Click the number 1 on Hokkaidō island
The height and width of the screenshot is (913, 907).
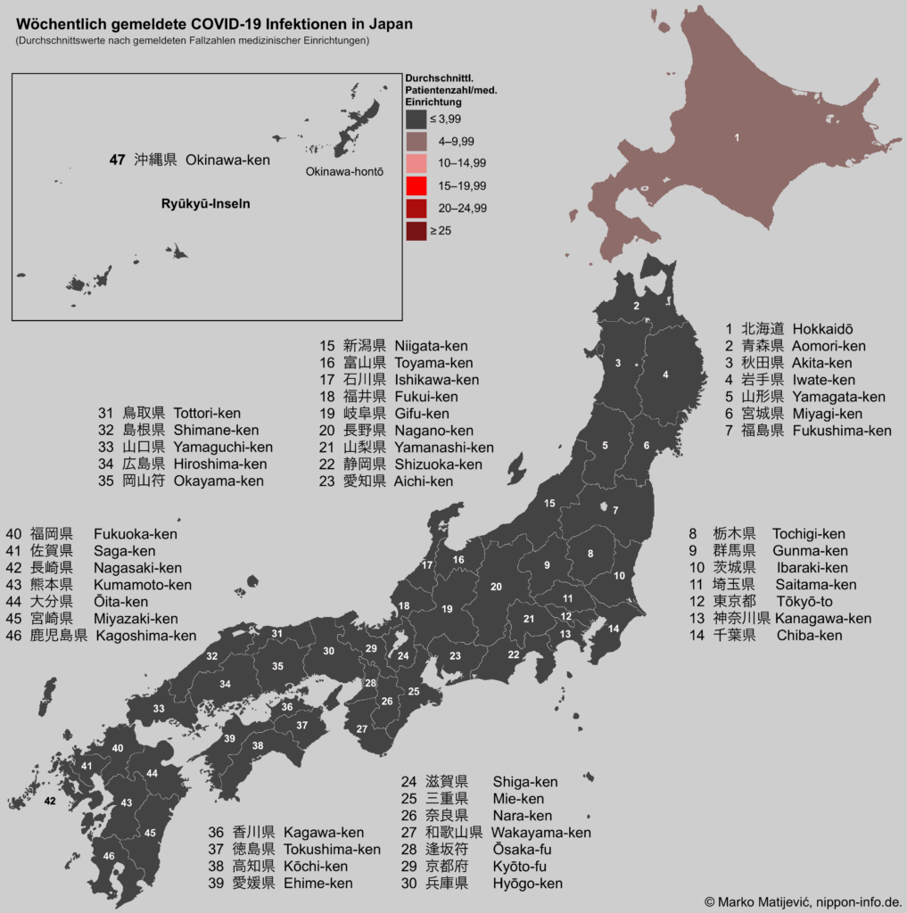pyautogui.click(x=737, y=138)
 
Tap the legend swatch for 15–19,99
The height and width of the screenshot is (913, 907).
pyautogui.click(x=416, y=185)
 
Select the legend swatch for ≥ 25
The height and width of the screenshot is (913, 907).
pyautogui.click(x=416, y=231)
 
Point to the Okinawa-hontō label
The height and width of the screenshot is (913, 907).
pyautogui.click(x=344, y=172)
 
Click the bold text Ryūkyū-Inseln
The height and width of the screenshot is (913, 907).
pyautogui.click(x=206, y=203)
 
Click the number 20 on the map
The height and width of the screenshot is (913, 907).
pyautogui.click(x=496, y=586)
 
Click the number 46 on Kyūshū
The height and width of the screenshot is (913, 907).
pyautogui.click(x=109, y=856)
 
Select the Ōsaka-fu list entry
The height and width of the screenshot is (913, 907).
pyautogui.click(x=522, y=850)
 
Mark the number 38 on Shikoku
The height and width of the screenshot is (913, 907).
pyautogui.click(x=258, y=745)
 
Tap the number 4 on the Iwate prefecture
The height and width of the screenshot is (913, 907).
pyautogui.click(x=665, y=374)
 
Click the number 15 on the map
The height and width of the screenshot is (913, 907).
pyautogui.click(x=549, y=504)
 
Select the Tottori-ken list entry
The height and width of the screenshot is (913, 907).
pyautogui.click(x=207, y=413)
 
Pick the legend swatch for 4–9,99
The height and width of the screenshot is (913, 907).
pyautogui.click(x=416, y=141)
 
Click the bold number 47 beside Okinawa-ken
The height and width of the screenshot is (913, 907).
pyautogui.click(x=117, y=160)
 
